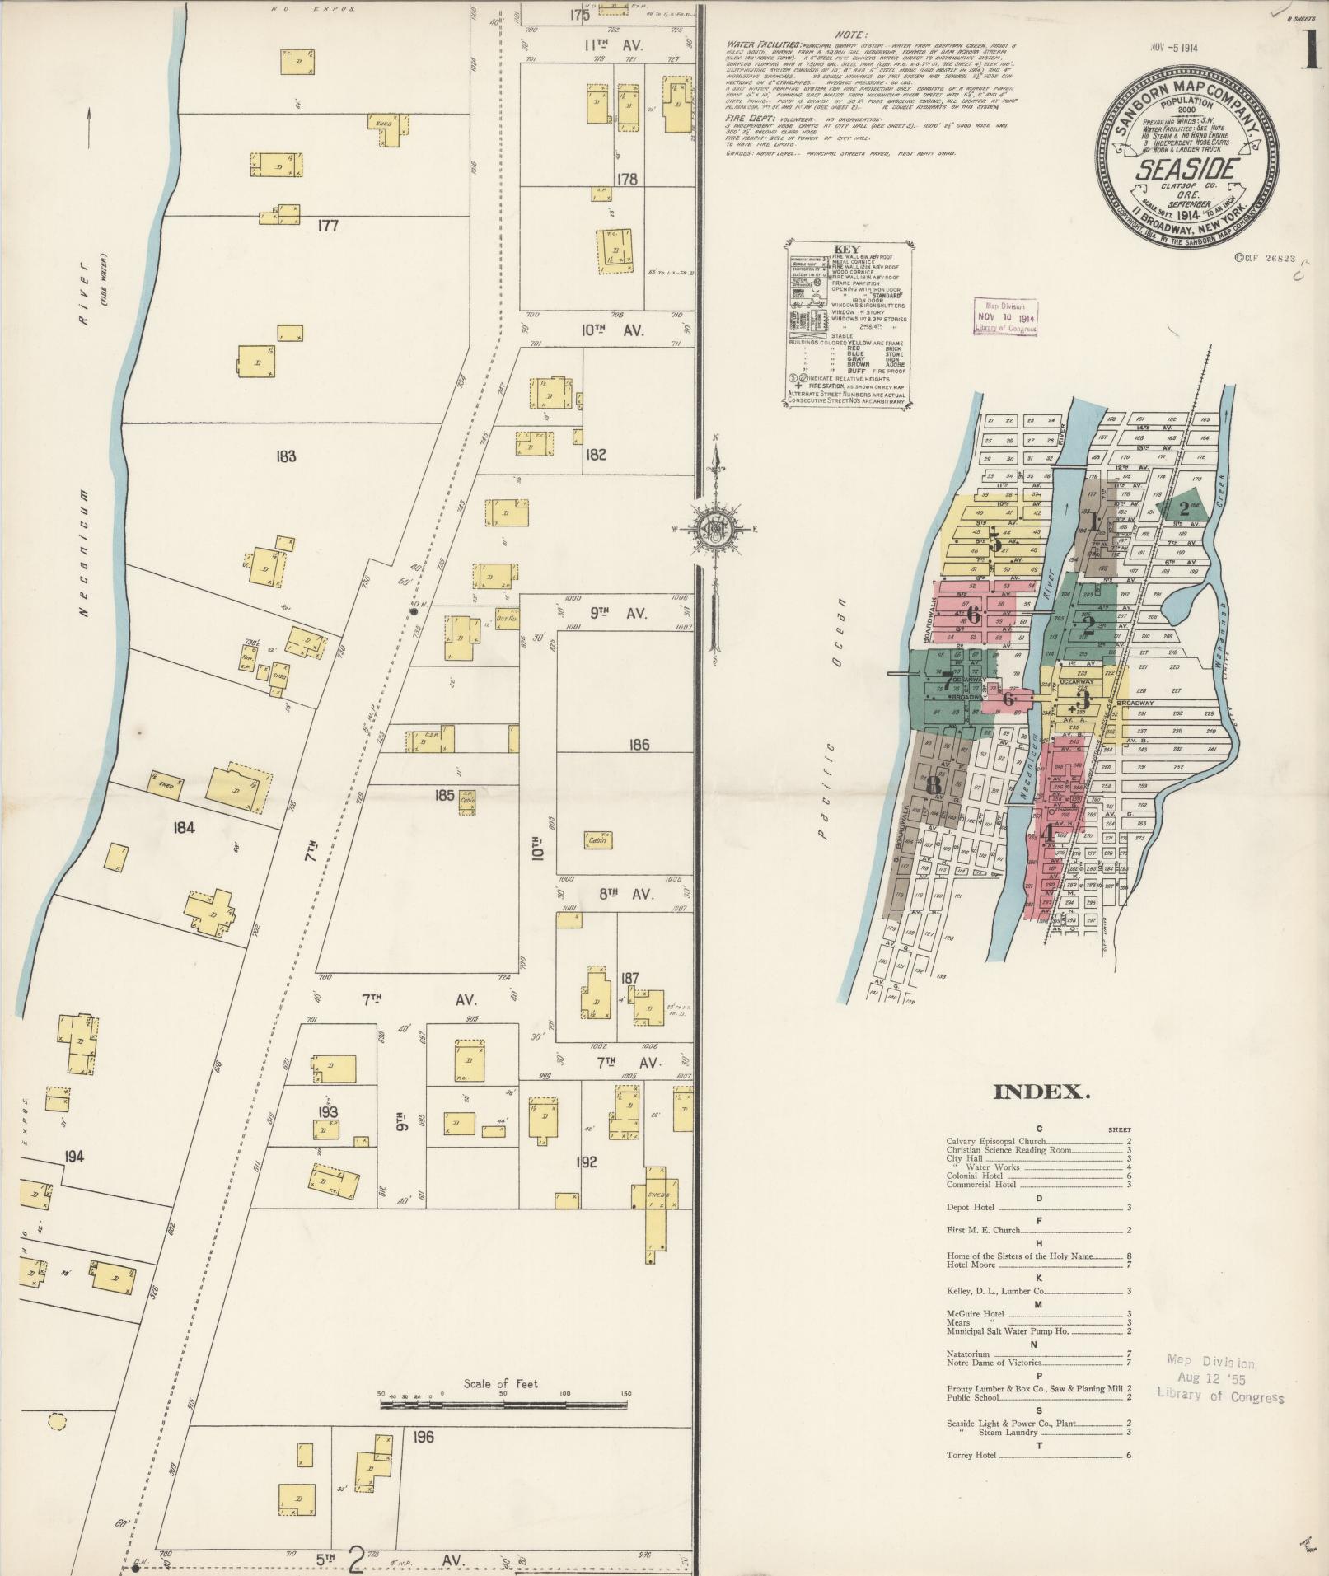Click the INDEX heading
click(1041, 1093)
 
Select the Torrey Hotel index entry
click(972, 1455)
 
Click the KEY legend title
click(846, 249)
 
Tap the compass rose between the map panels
click(715, 529)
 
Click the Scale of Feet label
click(501, 1383)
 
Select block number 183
click(286, 456)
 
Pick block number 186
click(639, 745)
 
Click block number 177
click(328, 225)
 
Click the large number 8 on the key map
click(933, 787)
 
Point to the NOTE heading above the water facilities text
click(849, 35)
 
